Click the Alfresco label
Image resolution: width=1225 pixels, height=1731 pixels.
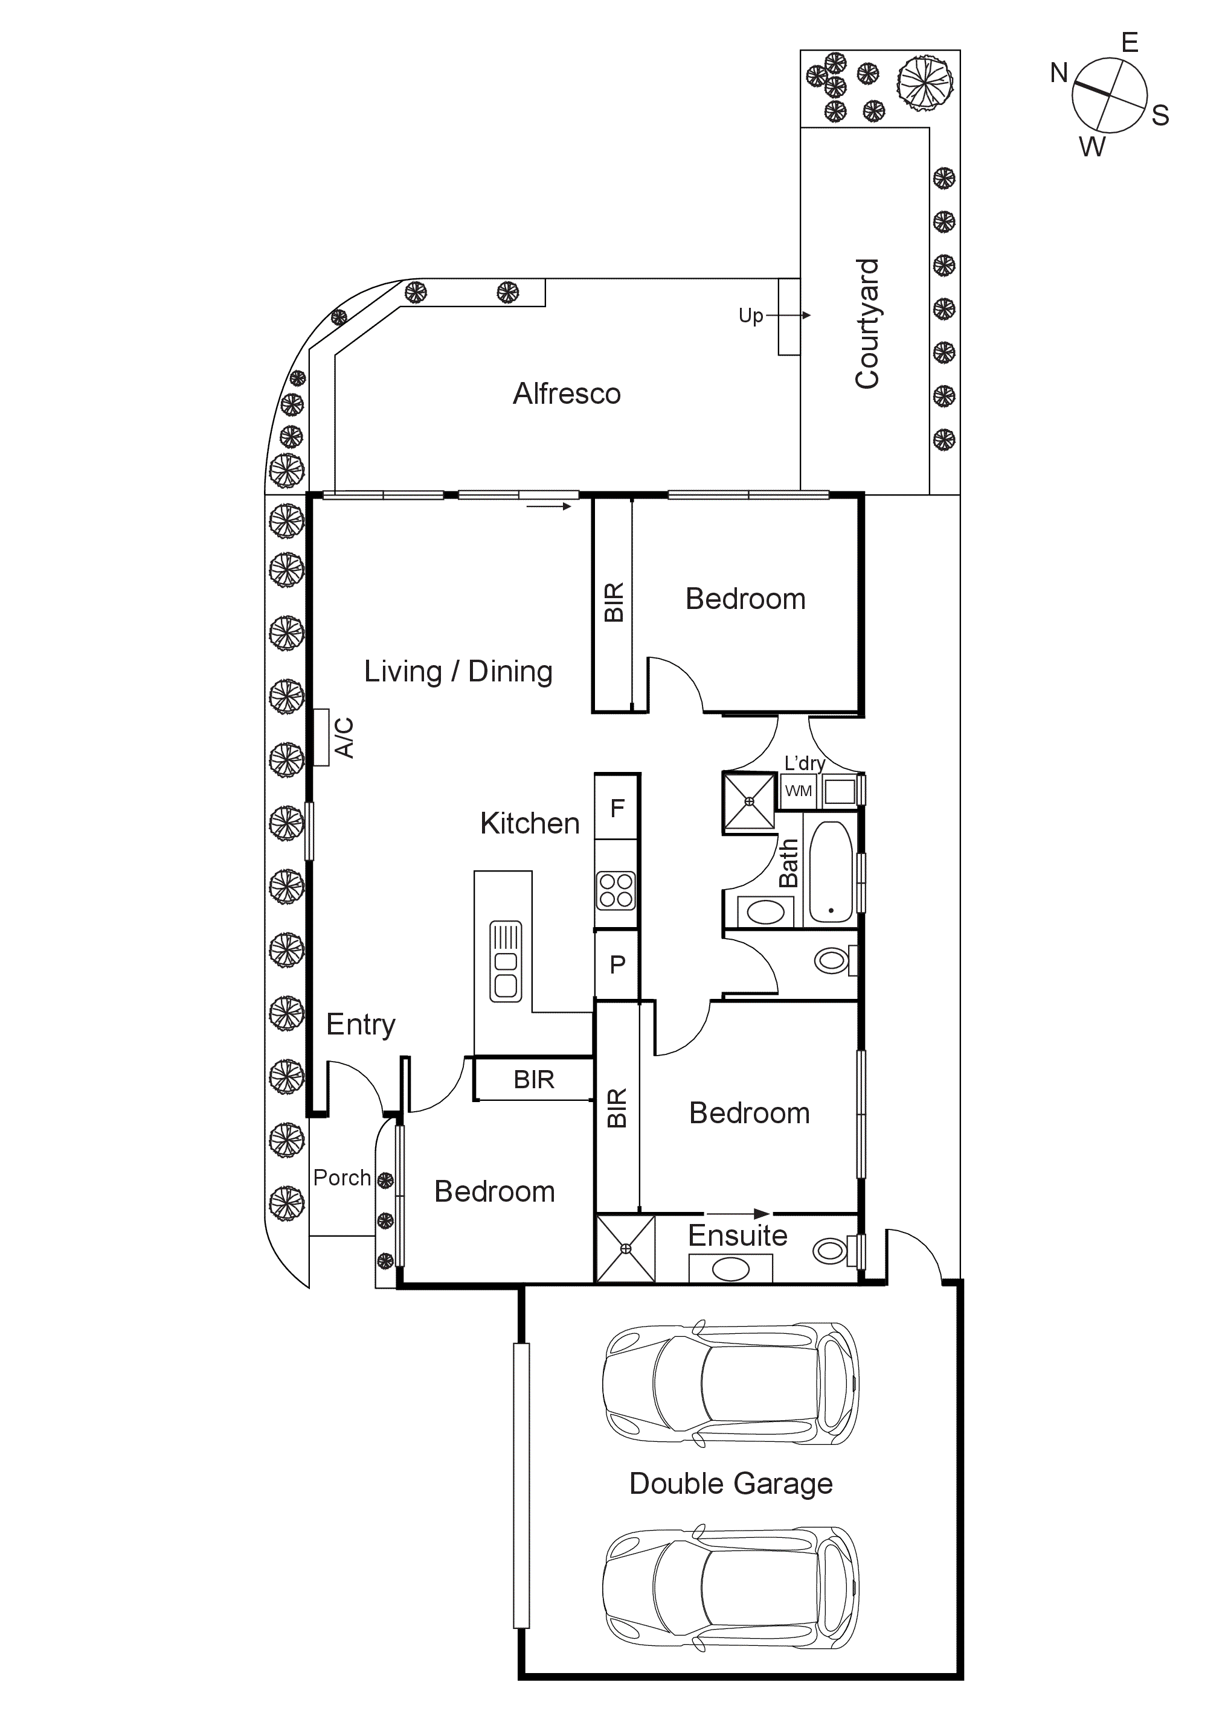click(567, 394)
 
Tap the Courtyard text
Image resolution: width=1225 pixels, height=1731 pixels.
click(867, 324)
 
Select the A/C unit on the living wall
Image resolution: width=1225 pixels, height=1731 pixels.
click(321, 738)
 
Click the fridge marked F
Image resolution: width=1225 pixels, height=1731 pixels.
click(617, 808)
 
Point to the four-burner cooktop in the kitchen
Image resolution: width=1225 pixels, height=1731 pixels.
click(616, 890)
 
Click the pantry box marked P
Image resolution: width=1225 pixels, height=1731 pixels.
click(617, 964)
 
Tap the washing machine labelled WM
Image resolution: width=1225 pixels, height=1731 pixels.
click(798, 791)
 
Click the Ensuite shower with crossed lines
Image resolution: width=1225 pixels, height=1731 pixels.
click(625, 1249)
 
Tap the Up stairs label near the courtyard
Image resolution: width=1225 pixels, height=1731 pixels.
click(751, 315)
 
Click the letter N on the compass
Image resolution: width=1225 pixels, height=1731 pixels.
click(1059, 73)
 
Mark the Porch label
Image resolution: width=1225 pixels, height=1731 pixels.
click(342, 1178)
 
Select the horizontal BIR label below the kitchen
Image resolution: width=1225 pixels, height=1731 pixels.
click(533, 1080)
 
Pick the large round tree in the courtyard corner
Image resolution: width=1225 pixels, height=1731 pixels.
click(925, 84)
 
